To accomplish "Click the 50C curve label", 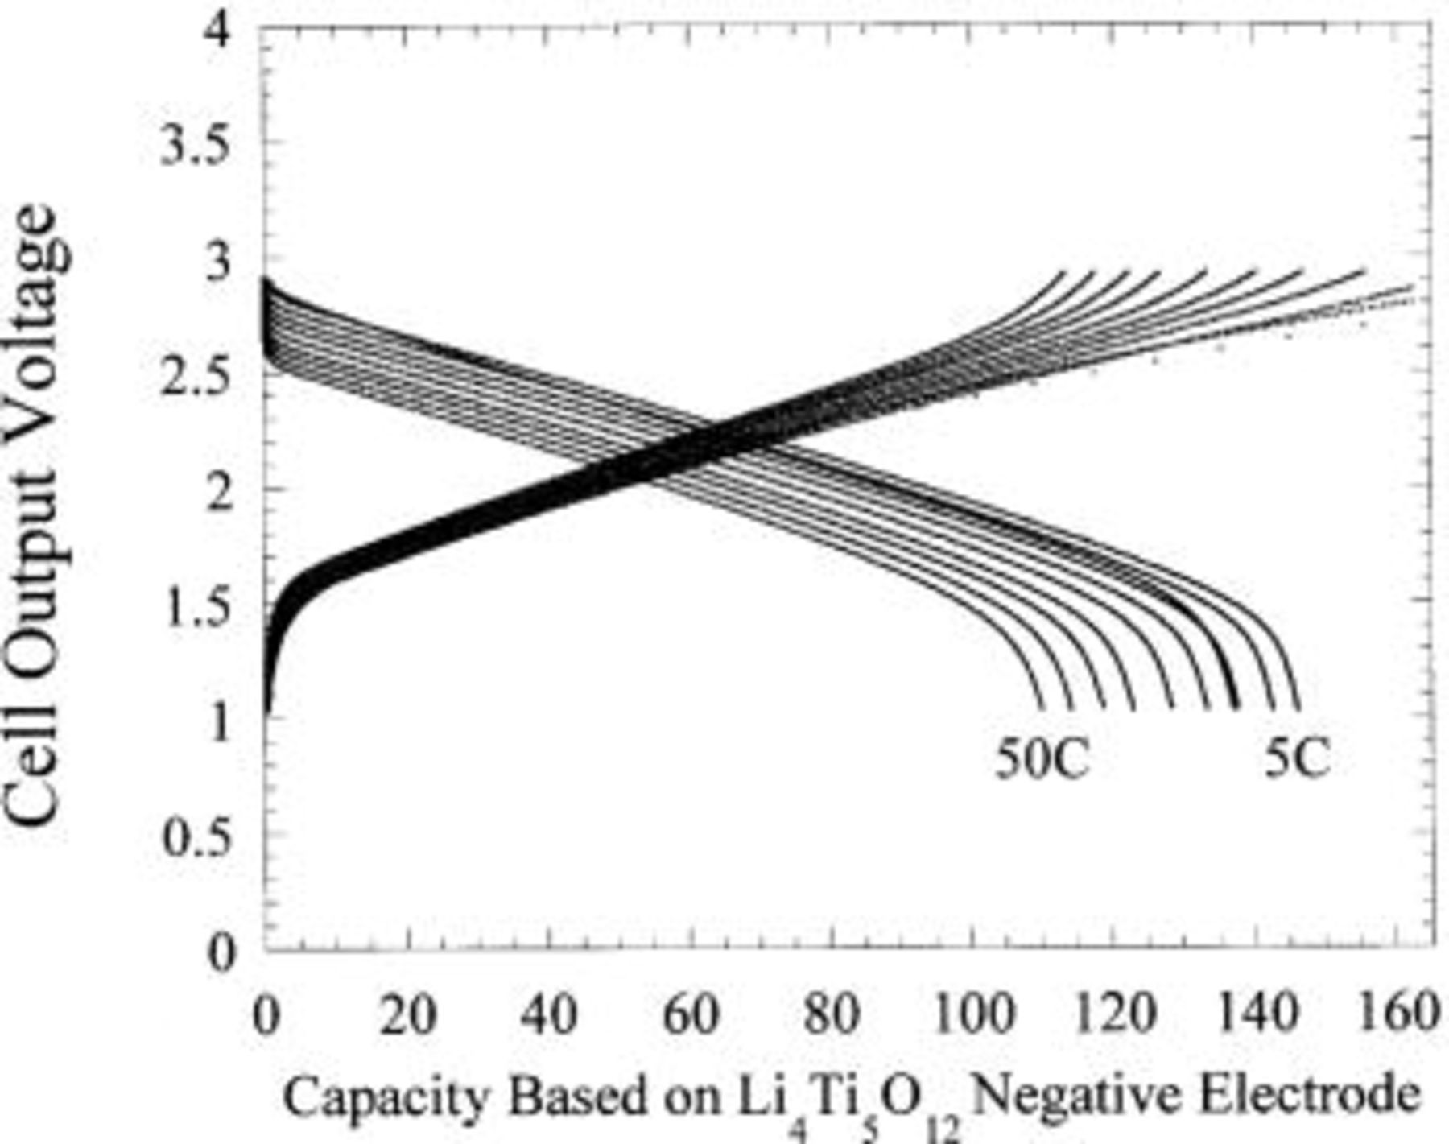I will tap(1042, 758).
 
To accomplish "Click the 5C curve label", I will tap(1297, 758).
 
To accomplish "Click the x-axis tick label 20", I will tap(407, 1016).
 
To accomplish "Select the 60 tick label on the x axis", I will tap(690, 1016).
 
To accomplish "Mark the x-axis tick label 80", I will tap(832, 1016).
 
